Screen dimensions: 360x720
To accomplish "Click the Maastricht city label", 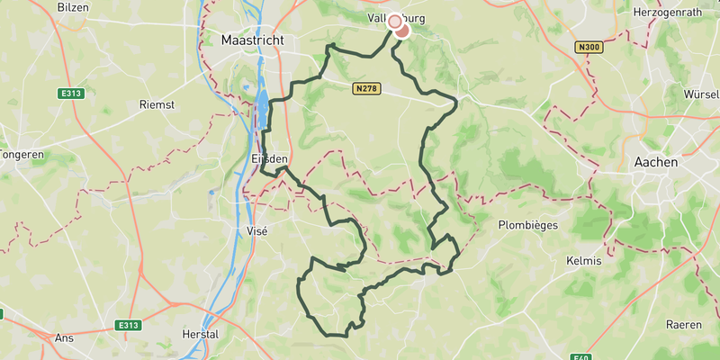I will coord(252,41).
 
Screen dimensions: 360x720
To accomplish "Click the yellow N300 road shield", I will coord(590,47).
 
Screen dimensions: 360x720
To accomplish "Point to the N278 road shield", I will coord(366,89).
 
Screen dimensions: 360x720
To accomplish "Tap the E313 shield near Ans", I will coord(129,325).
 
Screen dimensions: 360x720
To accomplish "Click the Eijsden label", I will coord(267,159).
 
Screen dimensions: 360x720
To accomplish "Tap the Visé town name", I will coord(257,230).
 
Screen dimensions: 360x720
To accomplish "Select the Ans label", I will coord(64,337).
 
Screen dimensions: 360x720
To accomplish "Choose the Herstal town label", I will coord(200,335).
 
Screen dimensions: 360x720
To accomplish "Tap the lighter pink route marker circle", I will coord(394,22).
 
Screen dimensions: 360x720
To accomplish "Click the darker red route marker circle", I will coord(402,31).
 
